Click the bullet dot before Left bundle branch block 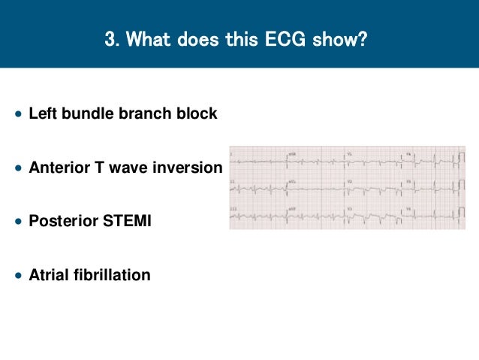pos(18,115)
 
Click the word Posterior pos(61,222)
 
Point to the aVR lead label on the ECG pos(292,153)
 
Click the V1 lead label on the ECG pos(350,153)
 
